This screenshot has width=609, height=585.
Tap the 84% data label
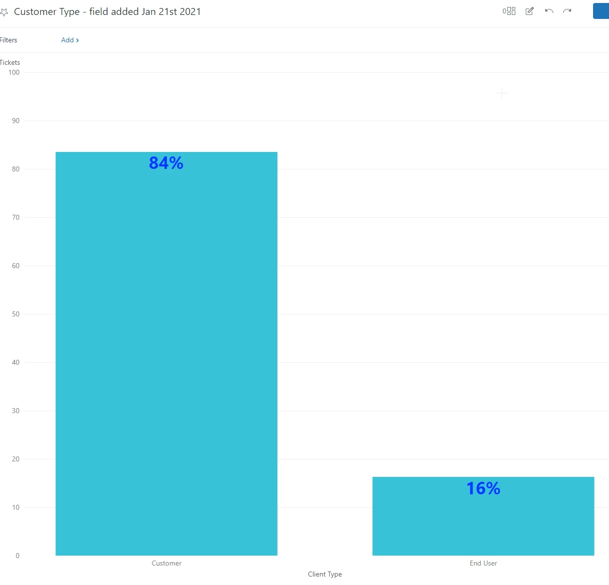tap(166, 163)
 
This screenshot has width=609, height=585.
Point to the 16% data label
tap(483, 488)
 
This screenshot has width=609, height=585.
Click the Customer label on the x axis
tap(166, 563)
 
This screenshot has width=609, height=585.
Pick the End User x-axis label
tap(483, 563)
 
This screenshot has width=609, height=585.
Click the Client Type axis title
tap(325, 574)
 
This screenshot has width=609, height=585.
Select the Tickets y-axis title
tap(10, 62)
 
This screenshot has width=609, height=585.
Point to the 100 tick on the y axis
tap(14, 72)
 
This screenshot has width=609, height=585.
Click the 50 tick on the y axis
tap(16, 314)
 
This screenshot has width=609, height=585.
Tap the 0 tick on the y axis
tap(17, 556)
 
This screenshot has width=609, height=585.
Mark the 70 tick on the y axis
tap(16, 217)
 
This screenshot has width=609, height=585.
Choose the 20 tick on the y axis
tap(16, 459)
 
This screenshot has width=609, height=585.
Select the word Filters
tap(8, 40)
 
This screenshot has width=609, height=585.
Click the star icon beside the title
tap(4, 12)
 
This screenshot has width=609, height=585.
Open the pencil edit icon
tap(529, 11)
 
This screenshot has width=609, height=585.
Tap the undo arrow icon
tap(549, 11)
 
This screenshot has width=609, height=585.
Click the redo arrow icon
tap(567, 11)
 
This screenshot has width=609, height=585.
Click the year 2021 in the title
tap(190, 11)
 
